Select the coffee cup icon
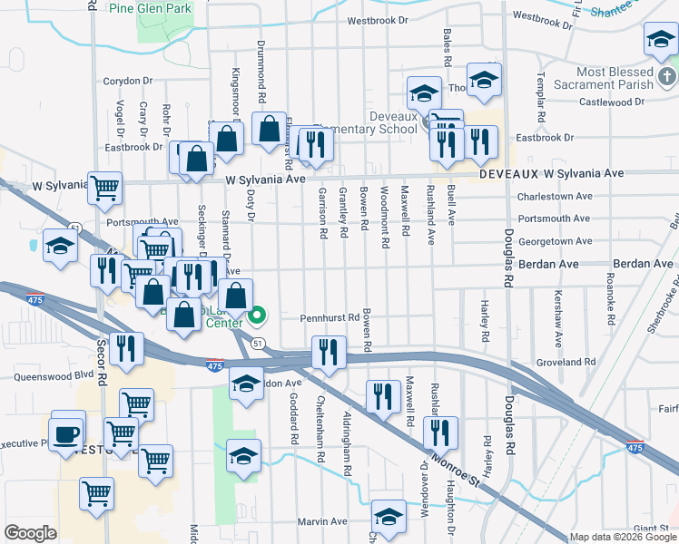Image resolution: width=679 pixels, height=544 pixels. click(x=67, y=432)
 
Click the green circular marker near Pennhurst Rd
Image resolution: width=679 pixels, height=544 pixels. click(x=257, y=316)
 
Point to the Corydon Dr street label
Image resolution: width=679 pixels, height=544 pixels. click(x=127, y=81)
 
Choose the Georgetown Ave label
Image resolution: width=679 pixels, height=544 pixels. click(x=554, y=241)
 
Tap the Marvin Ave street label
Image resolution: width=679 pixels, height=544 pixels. click(x=323, y=521)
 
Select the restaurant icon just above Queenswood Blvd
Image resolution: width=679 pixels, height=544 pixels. click(x=125, y=348)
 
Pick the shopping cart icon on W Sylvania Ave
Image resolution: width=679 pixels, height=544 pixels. click(x=105, y=188)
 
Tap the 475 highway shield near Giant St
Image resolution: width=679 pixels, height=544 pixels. click(x=635, y=448)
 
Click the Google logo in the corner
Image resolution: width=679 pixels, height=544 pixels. click(x=30, y=533)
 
